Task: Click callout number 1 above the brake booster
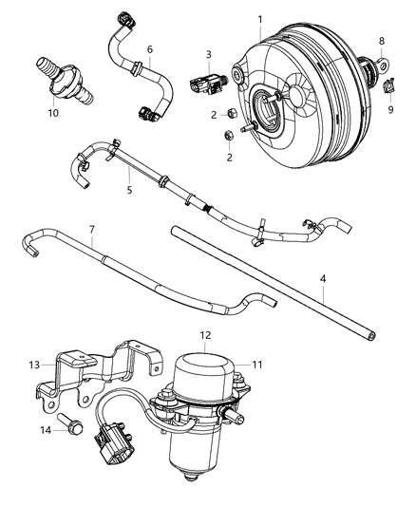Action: point(260,20)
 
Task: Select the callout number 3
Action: point(208,54)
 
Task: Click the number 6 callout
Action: point(148,48)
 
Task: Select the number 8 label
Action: point(382,41)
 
